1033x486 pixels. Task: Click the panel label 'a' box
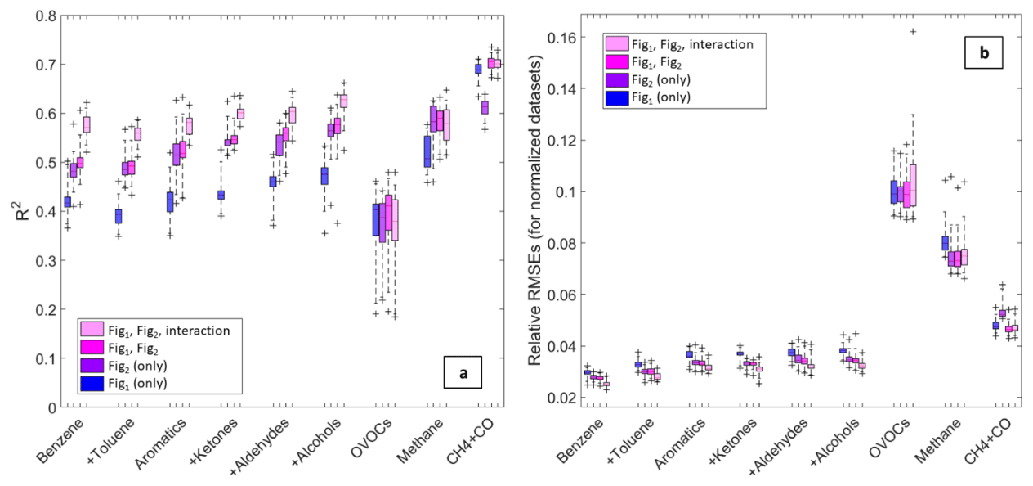tap(463, 374)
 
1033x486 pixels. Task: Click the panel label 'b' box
tap(983, 53)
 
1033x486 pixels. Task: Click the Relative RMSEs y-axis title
tap(535, 211)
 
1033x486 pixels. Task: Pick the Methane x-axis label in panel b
tap(934, 442)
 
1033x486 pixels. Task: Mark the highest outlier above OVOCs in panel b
tap(913, 32)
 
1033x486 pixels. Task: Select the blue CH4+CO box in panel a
tap(478, 69)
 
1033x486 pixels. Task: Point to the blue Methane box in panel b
tap(945, 243)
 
